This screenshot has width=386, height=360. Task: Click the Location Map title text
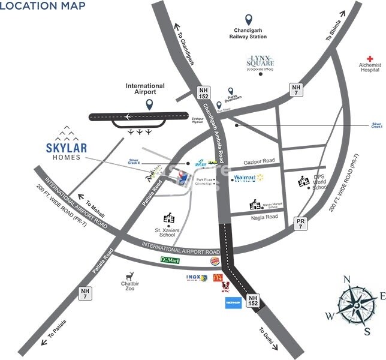(x=43, y=7)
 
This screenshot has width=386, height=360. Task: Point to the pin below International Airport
(x=149, y=104)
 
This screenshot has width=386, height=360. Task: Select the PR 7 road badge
(x=300, y=224)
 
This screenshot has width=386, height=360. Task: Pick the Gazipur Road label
(x=260, y=161)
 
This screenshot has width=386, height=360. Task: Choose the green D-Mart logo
(x=170, y=260)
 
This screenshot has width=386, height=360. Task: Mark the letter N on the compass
(x=346, y=279)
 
